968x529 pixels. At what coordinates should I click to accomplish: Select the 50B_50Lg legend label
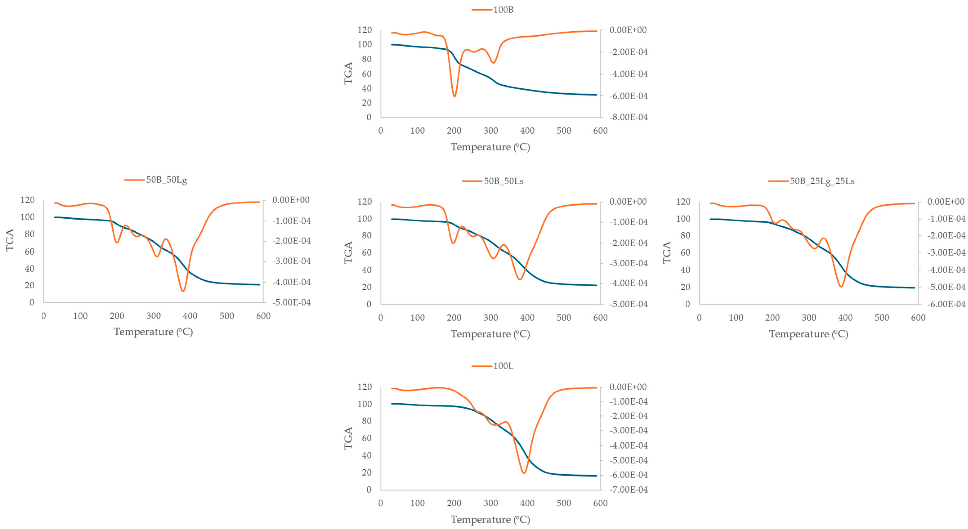click(166, 180)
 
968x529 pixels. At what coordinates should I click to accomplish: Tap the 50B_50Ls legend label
click(503, 181)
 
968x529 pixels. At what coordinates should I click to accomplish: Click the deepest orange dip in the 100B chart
click(454, 97)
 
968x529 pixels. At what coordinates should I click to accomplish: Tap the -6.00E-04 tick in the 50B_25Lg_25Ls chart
click(946, 304)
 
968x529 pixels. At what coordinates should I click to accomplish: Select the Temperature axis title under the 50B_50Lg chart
click(153, 332)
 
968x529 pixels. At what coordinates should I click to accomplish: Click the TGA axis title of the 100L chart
click(348, 438)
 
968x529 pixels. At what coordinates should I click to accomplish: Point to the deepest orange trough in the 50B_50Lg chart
click(183, 291)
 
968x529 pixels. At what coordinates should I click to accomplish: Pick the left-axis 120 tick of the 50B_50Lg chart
click(27, 200)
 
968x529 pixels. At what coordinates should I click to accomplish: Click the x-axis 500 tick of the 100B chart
click(564, 131)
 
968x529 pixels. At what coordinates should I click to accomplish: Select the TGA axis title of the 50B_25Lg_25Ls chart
click(667, 253)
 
